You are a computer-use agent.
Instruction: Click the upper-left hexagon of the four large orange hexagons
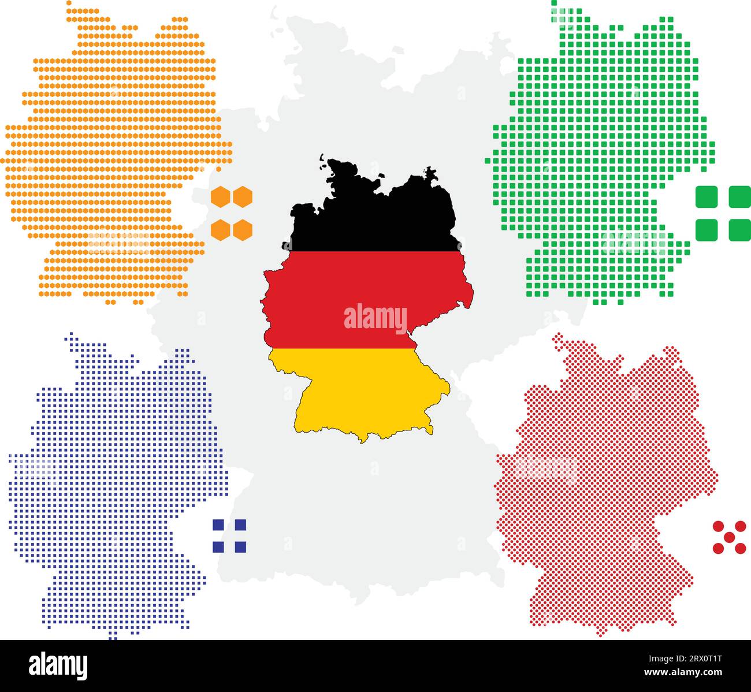pos(221,197)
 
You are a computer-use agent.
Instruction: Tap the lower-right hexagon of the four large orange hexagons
pos(243,230)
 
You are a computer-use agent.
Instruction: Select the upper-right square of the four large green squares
pos(739,196)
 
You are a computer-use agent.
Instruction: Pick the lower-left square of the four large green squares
pos(706,230)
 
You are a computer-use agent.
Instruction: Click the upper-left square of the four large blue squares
pos(218,525)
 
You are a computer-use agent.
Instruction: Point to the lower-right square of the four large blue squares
pos(240,546)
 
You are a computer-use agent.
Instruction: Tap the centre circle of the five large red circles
pos(729,537)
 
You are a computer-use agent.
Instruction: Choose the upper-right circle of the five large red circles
pos(740,526)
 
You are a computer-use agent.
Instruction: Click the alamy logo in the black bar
pos(58,665)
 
